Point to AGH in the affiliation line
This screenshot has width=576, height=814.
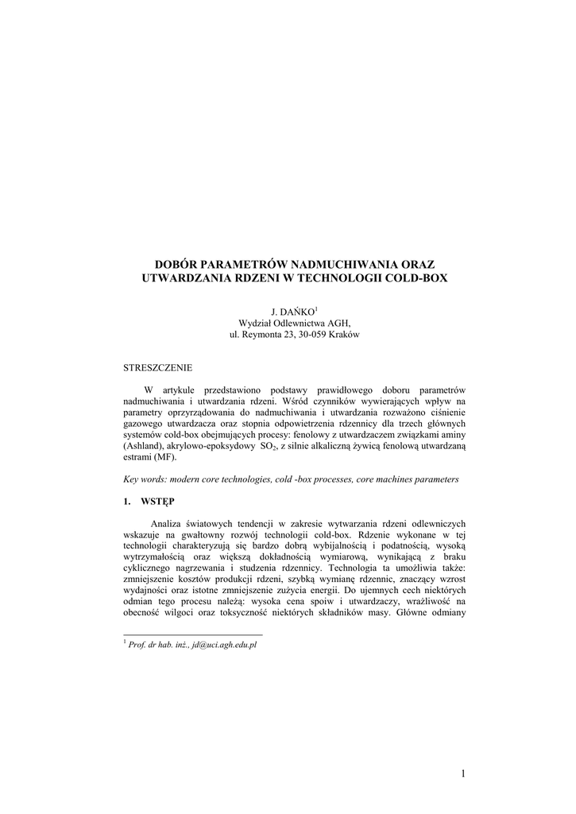click(x=338, y=324)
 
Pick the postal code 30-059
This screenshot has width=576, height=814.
click(x=319, y=335)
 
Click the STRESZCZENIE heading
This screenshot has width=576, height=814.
click(x=157, y=367)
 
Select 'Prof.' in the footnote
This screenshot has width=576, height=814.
click(x=137, y=645)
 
